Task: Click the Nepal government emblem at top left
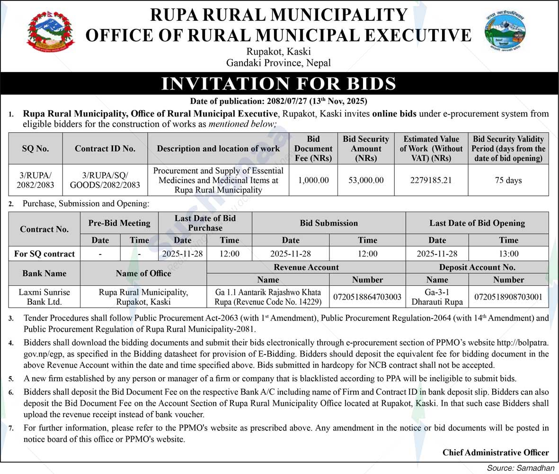tap(51, 32)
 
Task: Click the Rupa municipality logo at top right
tap(505, 32)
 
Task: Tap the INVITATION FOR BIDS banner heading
tap(279, 84)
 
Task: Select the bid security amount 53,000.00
tap(366, 180)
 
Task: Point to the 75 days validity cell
tap(508, 180)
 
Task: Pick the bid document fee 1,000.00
tap(313, 180)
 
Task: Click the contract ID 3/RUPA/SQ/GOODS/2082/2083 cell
tap(105, 180)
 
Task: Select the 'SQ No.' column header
tap(35, 148)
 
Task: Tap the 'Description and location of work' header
tap(218, 148)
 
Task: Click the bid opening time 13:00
tap(508, 254)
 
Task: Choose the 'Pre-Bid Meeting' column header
tap(119, 223)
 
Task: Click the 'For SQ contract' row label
tap(44, 254)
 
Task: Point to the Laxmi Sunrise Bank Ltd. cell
tap(44, 297)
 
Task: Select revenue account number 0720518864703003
tap(367, 297)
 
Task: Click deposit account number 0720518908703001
tap(508, 297)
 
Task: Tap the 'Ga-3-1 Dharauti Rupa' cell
tap(437, 297)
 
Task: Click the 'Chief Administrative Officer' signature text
tap(496, 452)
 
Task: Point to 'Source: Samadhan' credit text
tap(520, 468)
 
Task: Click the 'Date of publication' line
tap(279, 101)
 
